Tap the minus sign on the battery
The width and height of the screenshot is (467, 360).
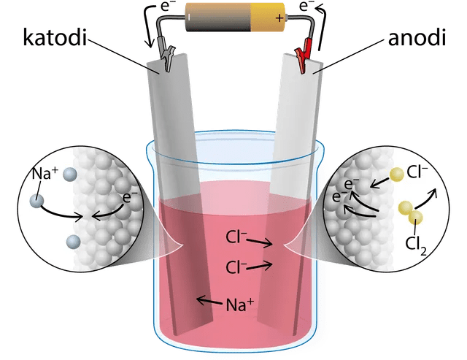(x=190, y=15)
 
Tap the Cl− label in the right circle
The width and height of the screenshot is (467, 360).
(x=419, y=174)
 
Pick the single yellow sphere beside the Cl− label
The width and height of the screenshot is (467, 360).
(x=395, y=175)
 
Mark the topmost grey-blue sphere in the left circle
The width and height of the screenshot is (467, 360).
(x=69, y=174)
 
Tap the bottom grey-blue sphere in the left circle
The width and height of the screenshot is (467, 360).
(x=72, y=242)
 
